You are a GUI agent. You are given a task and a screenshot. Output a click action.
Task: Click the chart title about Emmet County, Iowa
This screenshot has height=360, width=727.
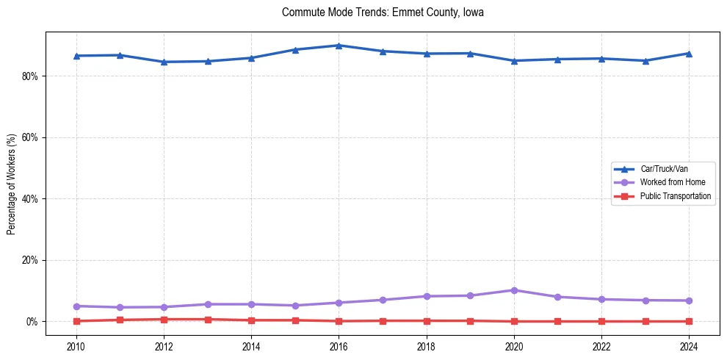[x=383, y=12]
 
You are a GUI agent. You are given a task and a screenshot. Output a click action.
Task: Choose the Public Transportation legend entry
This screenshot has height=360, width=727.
[x=675, y=196]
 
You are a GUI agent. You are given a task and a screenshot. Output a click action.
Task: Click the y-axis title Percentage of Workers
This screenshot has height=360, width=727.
[x=11, y=184]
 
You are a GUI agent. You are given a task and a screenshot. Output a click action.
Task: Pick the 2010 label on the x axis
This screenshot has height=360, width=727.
[x=76, y=345]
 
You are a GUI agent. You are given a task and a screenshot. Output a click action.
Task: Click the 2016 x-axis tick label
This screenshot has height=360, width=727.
[x=339, y=345]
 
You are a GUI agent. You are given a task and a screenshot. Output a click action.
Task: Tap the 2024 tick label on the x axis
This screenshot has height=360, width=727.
[x=689, y=345]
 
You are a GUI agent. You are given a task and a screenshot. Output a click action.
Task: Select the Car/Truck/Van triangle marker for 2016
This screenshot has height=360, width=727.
[x=339, y=46]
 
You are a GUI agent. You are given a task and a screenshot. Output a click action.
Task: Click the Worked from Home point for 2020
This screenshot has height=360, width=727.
[x=514, y=290]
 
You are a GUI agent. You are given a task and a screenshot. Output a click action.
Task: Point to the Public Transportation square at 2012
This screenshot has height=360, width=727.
[x=164, y=320]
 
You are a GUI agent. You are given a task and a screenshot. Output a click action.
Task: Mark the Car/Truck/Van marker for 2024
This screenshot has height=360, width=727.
[x=689, y=53]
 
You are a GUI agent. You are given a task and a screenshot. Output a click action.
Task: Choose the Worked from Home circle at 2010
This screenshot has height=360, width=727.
[x=76, y=306]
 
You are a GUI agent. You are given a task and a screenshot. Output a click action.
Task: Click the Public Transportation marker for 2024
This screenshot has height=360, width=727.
[x=689, y=321]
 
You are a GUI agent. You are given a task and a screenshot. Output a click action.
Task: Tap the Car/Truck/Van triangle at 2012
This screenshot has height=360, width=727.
[x=164, y=62]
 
